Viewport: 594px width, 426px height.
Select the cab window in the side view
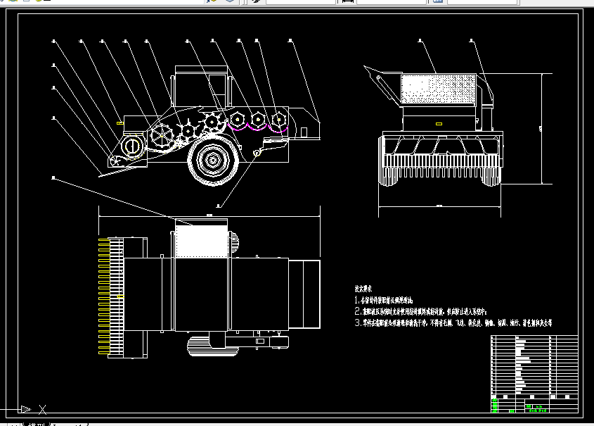tap(218, 89)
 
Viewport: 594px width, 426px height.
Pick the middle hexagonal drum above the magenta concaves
tap(259, 118)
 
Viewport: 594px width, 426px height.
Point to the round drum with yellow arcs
tap(131, 146)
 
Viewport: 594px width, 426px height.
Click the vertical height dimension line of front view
tap(541, 127)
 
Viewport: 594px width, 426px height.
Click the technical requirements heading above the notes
tap(364, 289)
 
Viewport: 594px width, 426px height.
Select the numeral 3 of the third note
tap(357, 323)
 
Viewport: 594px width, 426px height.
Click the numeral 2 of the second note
tap(357, 311)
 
